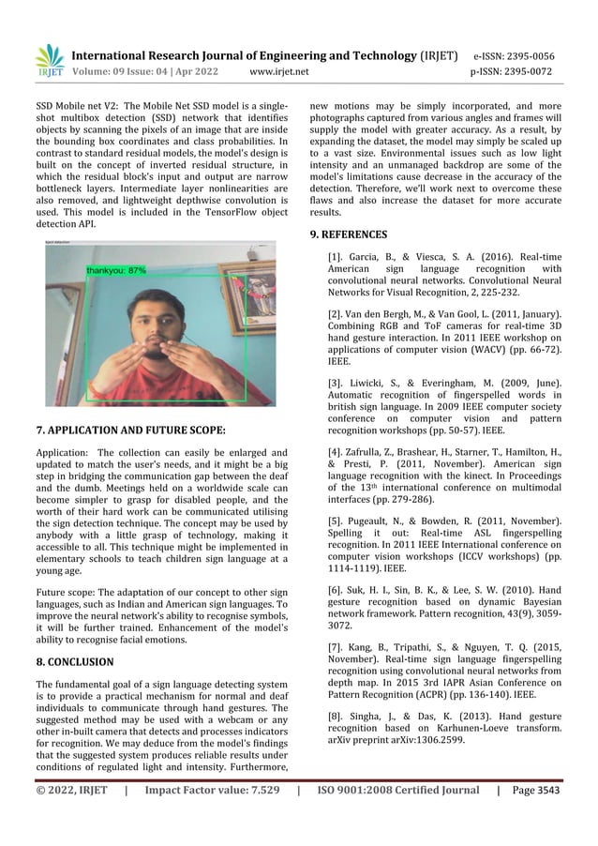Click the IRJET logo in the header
click(x=49, y=61)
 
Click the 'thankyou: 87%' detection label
click(x=116, y=269)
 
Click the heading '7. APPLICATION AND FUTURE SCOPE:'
click(x=130, y=431)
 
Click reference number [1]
click(x=335, y=256)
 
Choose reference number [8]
click(x=335, y=716)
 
